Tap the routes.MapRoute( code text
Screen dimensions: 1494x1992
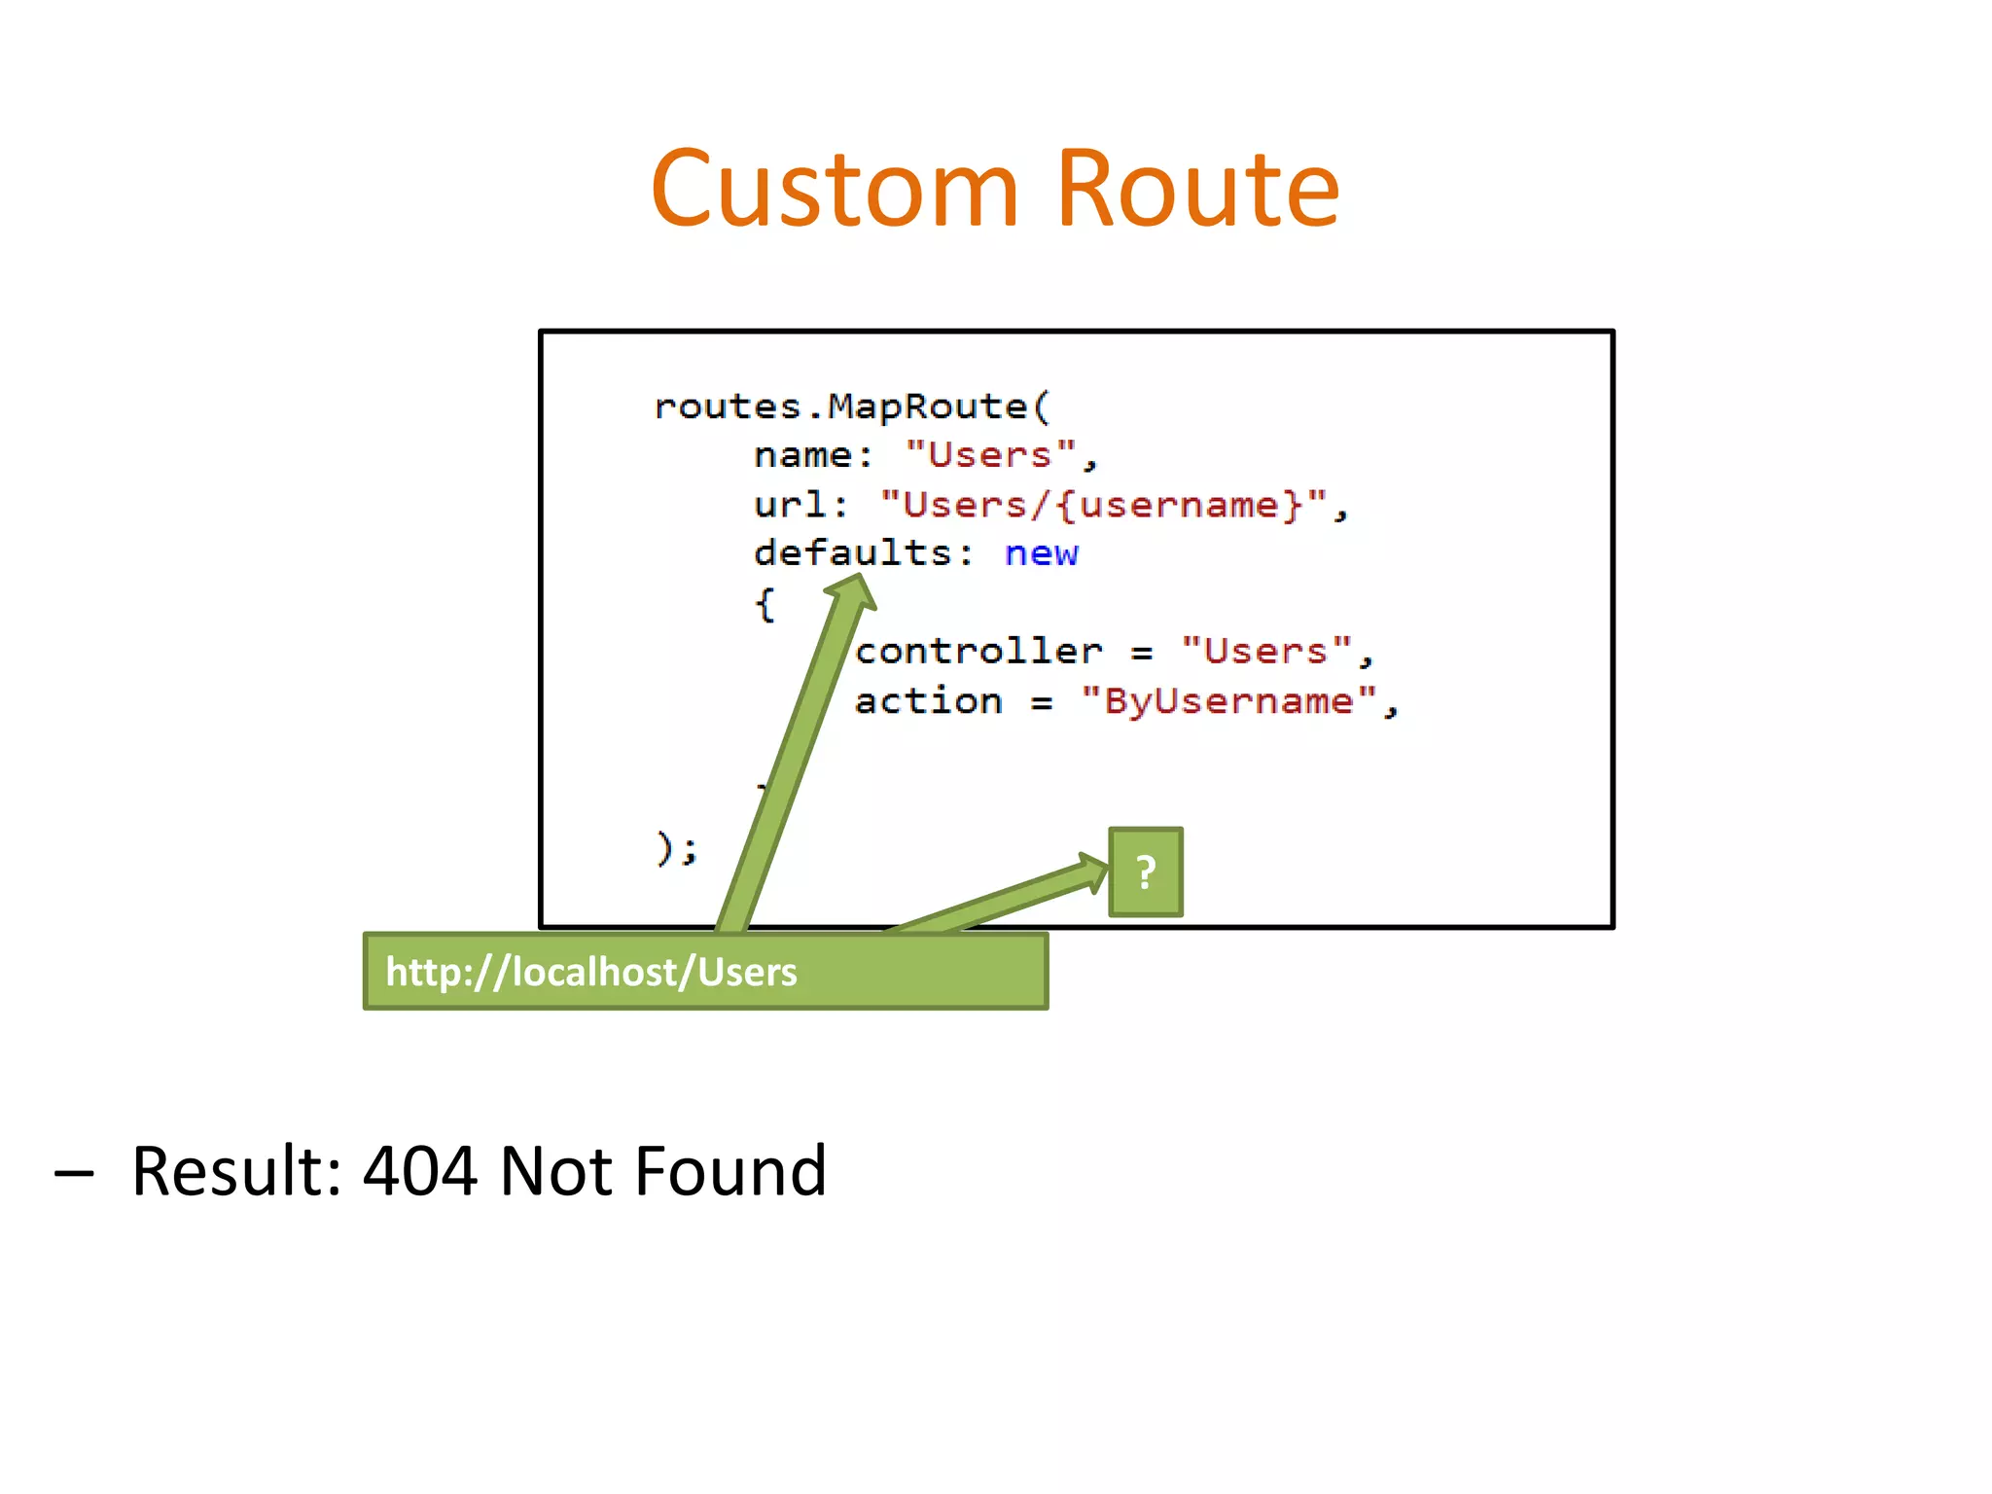pos(852,407)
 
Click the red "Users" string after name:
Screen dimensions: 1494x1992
pos(990,455)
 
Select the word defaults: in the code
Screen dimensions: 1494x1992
pos(863,553)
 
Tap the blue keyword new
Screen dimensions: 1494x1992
pos(1041,553)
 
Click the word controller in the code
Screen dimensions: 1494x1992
pos(978,652)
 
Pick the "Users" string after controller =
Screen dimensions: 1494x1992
pos(1265,652)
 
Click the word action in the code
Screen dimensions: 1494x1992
pos(928,701)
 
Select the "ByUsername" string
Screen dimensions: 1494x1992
pos(1228,701)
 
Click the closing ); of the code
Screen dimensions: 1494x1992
pos(676,848)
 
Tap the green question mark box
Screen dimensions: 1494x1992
pos(1146,872)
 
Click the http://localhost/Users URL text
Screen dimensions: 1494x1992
pos(590,972)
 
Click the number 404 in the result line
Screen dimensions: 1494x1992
pos(419,1170)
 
